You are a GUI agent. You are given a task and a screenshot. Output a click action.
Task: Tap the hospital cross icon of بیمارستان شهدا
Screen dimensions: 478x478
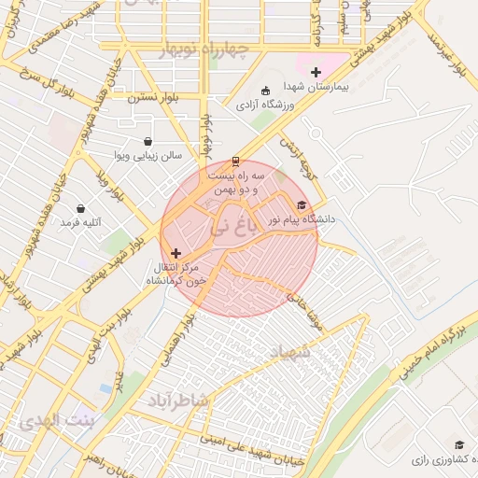pyautogui.click(x=316, y=72)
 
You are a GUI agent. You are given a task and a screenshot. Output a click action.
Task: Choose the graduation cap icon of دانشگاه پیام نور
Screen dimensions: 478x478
pyautogui.click(x=301, y=204)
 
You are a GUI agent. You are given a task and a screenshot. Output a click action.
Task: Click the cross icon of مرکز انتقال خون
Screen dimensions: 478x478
pyautogui.click(x=176, y=253)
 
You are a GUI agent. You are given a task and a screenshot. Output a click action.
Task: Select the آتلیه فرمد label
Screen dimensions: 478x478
pyautogui.click(x=80, y=223)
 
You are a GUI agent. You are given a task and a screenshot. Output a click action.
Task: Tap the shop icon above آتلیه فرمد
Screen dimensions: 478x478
pyautogui.click(x=80, y=209)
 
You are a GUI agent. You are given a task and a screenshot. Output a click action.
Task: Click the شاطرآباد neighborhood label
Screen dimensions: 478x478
pyautogui.click(x=179, y=400)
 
